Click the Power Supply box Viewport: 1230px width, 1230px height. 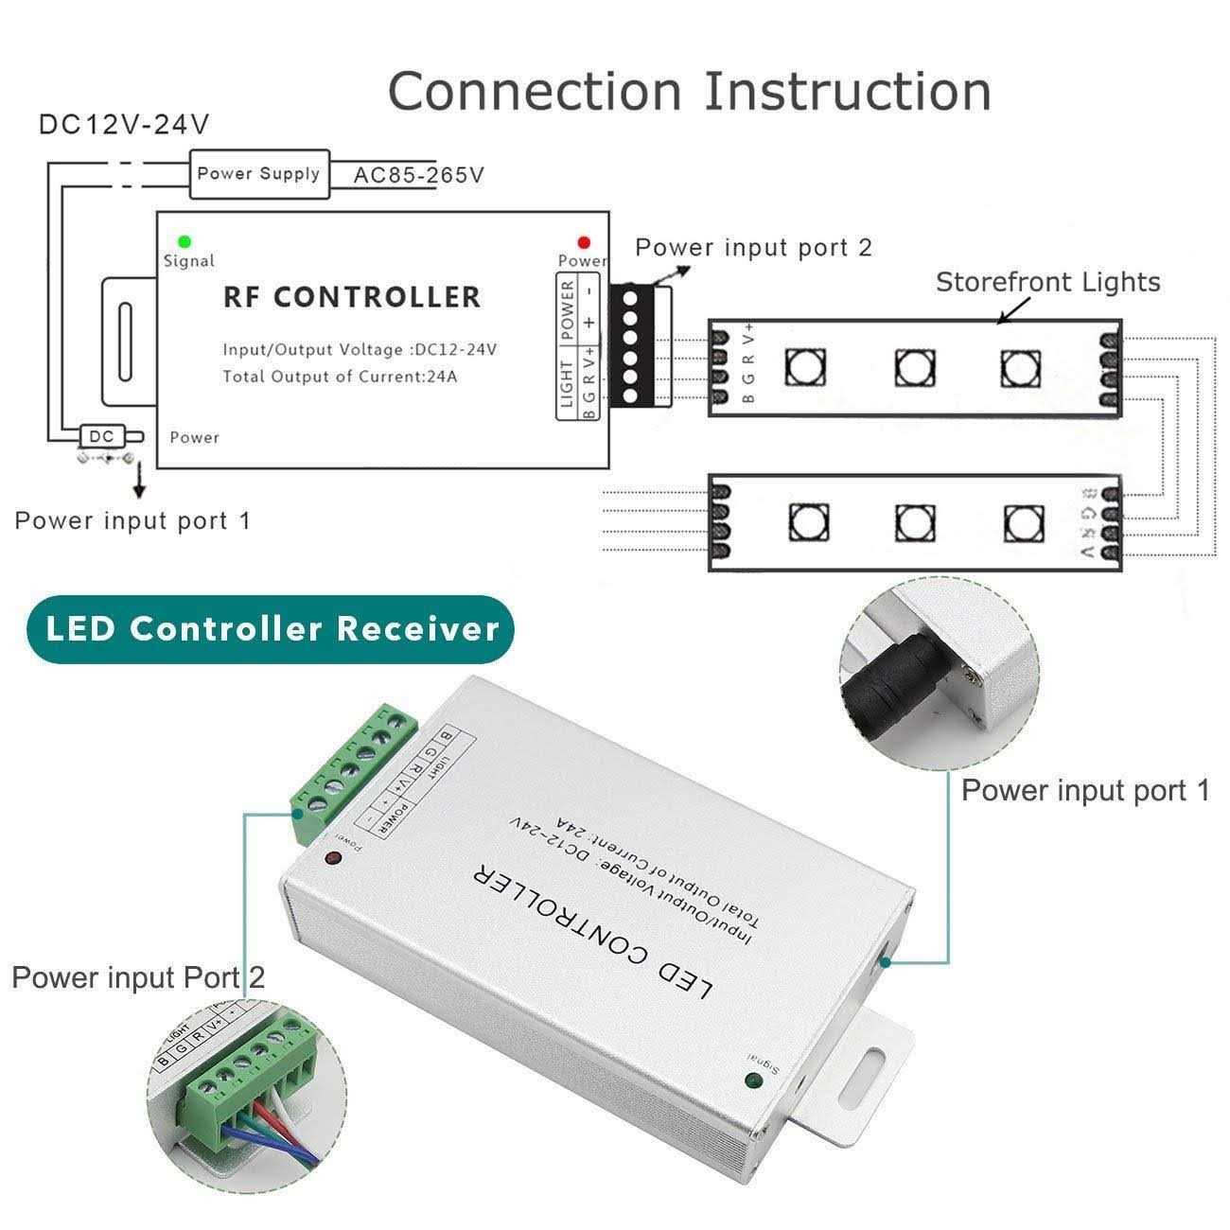(259, 174)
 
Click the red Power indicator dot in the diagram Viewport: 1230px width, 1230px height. (584, 242)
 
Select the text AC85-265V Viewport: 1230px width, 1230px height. (418, 175)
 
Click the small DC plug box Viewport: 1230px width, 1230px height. (101, 437)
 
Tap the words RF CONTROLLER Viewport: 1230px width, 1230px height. (352, 297)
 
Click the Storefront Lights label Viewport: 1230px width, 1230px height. (1047, 282)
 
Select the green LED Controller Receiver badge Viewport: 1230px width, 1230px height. (271, 629)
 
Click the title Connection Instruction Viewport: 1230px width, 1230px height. (689, 91)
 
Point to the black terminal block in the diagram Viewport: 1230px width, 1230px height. (628, 345)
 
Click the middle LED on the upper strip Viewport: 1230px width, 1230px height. (914, 366)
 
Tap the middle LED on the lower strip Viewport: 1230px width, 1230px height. (914, 521)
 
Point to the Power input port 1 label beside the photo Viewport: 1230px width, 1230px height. (1085, 791)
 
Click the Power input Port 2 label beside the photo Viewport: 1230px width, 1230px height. (138, 977)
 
